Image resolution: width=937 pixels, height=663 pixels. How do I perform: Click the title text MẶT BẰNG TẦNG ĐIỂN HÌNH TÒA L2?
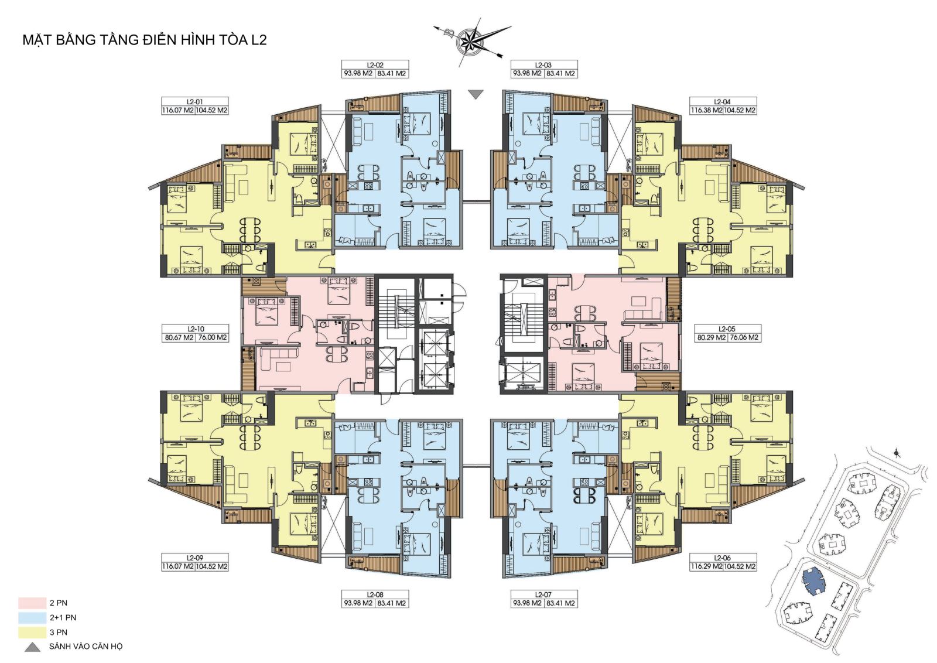(144, 40)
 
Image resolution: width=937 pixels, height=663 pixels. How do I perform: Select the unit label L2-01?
(195, 102)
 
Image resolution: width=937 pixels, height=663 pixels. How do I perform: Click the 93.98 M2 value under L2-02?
(358, 73)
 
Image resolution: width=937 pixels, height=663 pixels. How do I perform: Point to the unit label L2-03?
(543, 65)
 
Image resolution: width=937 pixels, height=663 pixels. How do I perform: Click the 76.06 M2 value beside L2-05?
(744, 337)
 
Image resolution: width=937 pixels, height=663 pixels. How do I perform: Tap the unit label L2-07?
(543, 594)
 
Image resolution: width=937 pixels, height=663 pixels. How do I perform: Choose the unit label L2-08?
(375, 594)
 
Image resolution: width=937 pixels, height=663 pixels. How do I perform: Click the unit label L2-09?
(195, 558)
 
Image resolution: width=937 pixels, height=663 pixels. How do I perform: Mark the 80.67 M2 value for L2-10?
(179, 337)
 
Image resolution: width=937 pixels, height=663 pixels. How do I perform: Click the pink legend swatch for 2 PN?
(32, 603)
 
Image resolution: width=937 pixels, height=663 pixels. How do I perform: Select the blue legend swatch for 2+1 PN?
(32, 617)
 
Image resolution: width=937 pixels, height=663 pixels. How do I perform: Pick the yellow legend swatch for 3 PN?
(32, 632)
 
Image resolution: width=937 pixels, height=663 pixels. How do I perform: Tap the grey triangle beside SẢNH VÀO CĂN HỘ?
(32, 647)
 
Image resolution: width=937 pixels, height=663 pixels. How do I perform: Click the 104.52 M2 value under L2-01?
(211, 110)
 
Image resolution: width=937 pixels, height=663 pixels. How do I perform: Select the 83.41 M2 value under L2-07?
(560, 603)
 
